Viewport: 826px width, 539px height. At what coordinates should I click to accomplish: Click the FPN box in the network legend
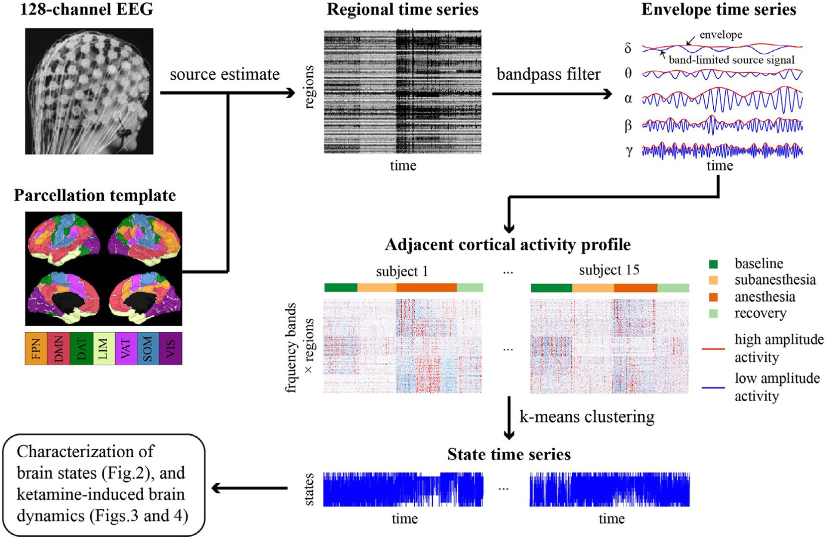point(36,349)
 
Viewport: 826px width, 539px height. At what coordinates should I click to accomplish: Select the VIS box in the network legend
point(171,349)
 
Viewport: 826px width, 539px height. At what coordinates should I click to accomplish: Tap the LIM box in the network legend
point(104,349)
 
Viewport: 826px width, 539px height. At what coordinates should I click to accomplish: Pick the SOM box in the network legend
point(148,349)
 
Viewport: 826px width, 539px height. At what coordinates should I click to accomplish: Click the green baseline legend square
point(713,264)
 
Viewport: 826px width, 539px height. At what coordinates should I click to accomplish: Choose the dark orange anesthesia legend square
point(713,297)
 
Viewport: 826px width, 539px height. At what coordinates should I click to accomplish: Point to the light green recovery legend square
point(713,313)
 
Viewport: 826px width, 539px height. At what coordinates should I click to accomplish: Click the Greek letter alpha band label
point(628,99)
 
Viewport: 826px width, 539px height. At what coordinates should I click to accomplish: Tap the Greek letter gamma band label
point(629,151)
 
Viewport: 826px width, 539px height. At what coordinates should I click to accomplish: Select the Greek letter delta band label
point(628,48)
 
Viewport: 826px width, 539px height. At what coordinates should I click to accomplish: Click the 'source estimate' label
point(225,74)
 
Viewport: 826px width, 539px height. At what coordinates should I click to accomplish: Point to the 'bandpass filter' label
point(549,74)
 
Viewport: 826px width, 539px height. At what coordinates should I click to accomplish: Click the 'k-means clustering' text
point(587,417)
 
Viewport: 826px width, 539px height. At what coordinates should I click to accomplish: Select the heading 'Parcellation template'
point(95,195)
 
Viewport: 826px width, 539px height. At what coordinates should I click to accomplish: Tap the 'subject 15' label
point(609,270)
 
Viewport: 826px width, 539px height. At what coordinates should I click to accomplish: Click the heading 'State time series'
point(509,455)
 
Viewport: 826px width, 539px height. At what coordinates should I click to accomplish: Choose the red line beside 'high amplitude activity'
point(713,348)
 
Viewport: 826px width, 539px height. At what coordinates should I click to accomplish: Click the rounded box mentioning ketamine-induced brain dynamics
point(103,485)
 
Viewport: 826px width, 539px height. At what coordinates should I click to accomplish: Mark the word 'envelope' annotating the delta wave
point(721,35)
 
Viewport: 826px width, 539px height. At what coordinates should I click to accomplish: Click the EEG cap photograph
point(89,91)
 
